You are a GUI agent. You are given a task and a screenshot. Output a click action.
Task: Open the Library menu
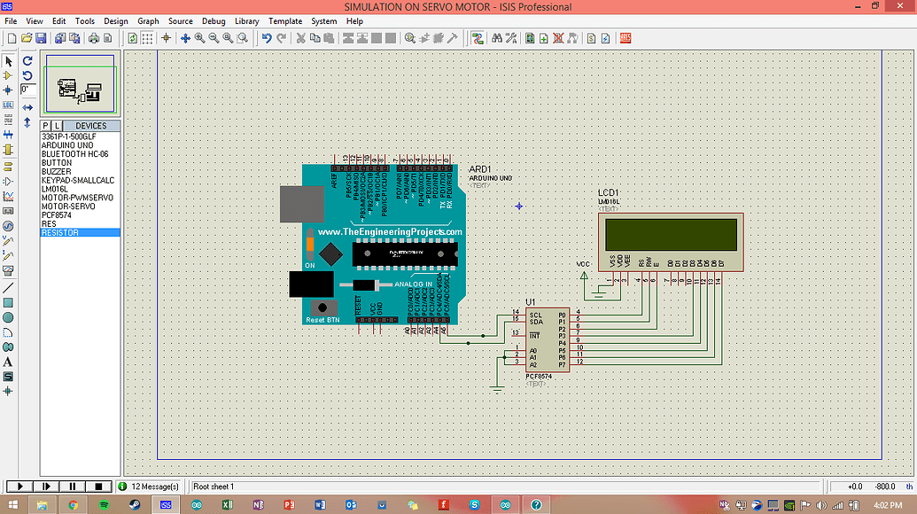(x=246, y=21)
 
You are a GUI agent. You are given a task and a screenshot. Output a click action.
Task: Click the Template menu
(x=285, y=21)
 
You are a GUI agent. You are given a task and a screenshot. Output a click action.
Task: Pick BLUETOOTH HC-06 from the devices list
(x=74, y=154)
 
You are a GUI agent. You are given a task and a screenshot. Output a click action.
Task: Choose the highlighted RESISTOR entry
(x=60, y=232)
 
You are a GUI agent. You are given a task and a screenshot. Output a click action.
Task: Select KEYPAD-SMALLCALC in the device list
(x=78, y=180)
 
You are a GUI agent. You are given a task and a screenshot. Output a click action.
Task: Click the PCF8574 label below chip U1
(x=537, y=377)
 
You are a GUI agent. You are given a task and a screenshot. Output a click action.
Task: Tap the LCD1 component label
(x=608, y=192)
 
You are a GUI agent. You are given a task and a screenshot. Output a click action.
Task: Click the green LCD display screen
(x=671, y=234)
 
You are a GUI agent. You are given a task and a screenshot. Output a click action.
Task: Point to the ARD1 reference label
(x=479, y=169)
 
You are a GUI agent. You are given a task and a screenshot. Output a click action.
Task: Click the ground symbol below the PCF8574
(x=498, y=386)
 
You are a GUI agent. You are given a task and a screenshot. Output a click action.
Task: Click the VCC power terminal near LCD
(x=584, y=276)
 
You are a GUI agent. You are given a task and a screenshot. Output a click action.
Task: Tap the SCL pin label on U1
(x=535, y=314)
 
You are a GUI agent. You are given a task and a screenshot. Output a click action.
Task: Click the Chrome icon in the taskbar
(x=74, y=504)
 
